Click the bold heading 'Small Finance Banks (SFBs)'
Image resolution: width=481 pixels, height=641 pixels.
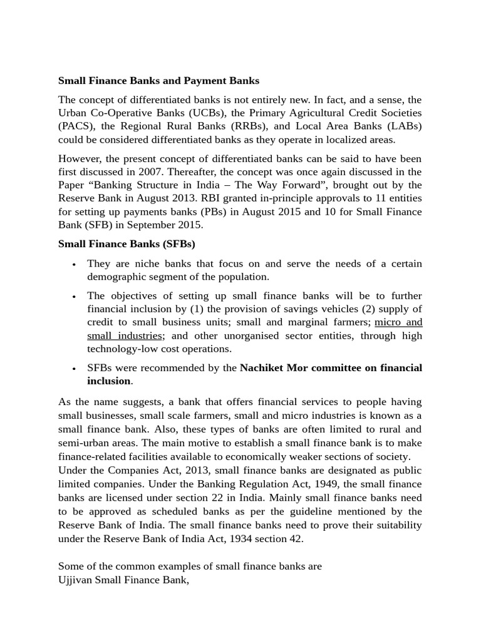(x=127, y=244)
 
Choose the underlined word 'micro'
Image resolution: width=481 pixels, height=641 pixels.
(x=388, y=322)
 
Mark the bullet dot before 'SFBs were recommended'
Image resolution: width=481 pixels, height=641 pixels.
(x=74, y=369)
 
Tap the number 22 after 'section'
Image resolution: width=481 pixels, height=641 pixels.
(x=232, y=498)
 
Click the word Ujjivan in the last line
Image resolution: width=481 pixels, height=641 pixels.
(x=76, y=580)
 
